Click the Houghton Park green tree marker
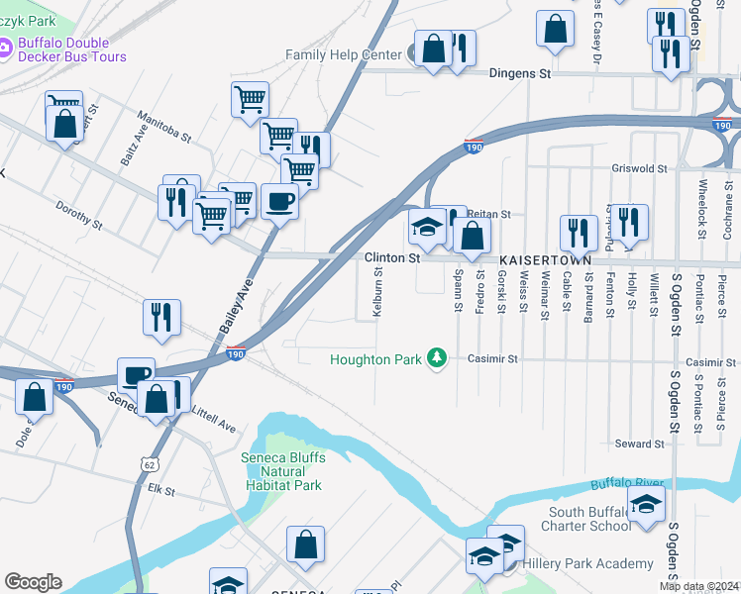[x=436, y=358]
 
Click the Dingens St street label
[x=520, y=73]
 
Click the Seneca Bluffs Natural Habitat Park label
[x=282, y=471]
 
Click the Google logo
[x=32, y=582]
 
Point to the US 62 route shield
[x=149, y=463]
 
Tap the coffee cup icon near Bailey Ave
[x=279, y=202]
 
